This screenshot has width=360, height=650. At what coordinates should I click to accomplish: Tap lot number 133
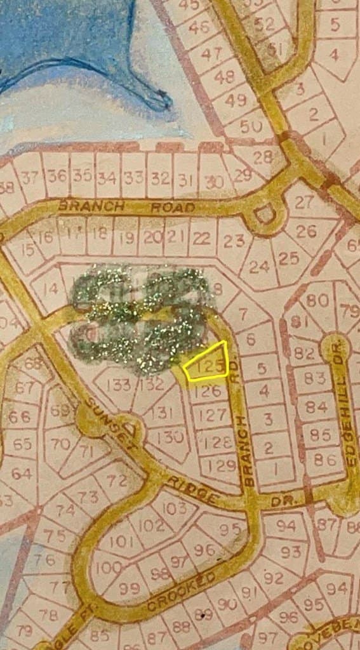coord(119,385)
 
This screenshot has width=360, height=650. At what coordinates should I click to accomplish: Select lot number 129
coord(222,465)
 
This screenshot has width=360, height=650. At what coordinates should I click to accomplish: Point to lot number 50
coord(251,125)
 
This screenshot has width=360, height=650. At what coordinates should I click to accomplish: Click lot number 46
coord(199,27)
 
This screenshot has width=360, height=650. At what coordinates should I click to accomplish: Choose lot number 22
coord(201,239)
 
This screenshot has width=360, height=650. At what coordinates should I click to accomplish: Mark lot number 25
coord(289,258)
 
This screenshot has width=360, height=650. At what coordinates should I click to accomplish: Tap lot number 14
coord(51,289)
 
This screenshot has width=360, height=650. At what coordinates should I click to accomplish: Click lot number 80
coord(317,300)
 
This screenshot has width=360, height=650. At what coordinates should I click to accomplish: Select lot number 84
coord(316,406)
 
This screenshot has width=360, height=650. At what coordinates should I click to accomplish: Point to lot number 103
coord(174,507)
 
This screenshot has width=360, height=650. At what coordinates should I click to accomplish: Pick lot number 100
coord(109,567)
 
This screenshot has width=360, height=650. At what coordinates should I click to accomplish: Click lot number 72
coord(117,481)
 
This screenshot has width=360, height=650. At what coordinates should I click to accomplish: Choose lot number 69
coord(60,410)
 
